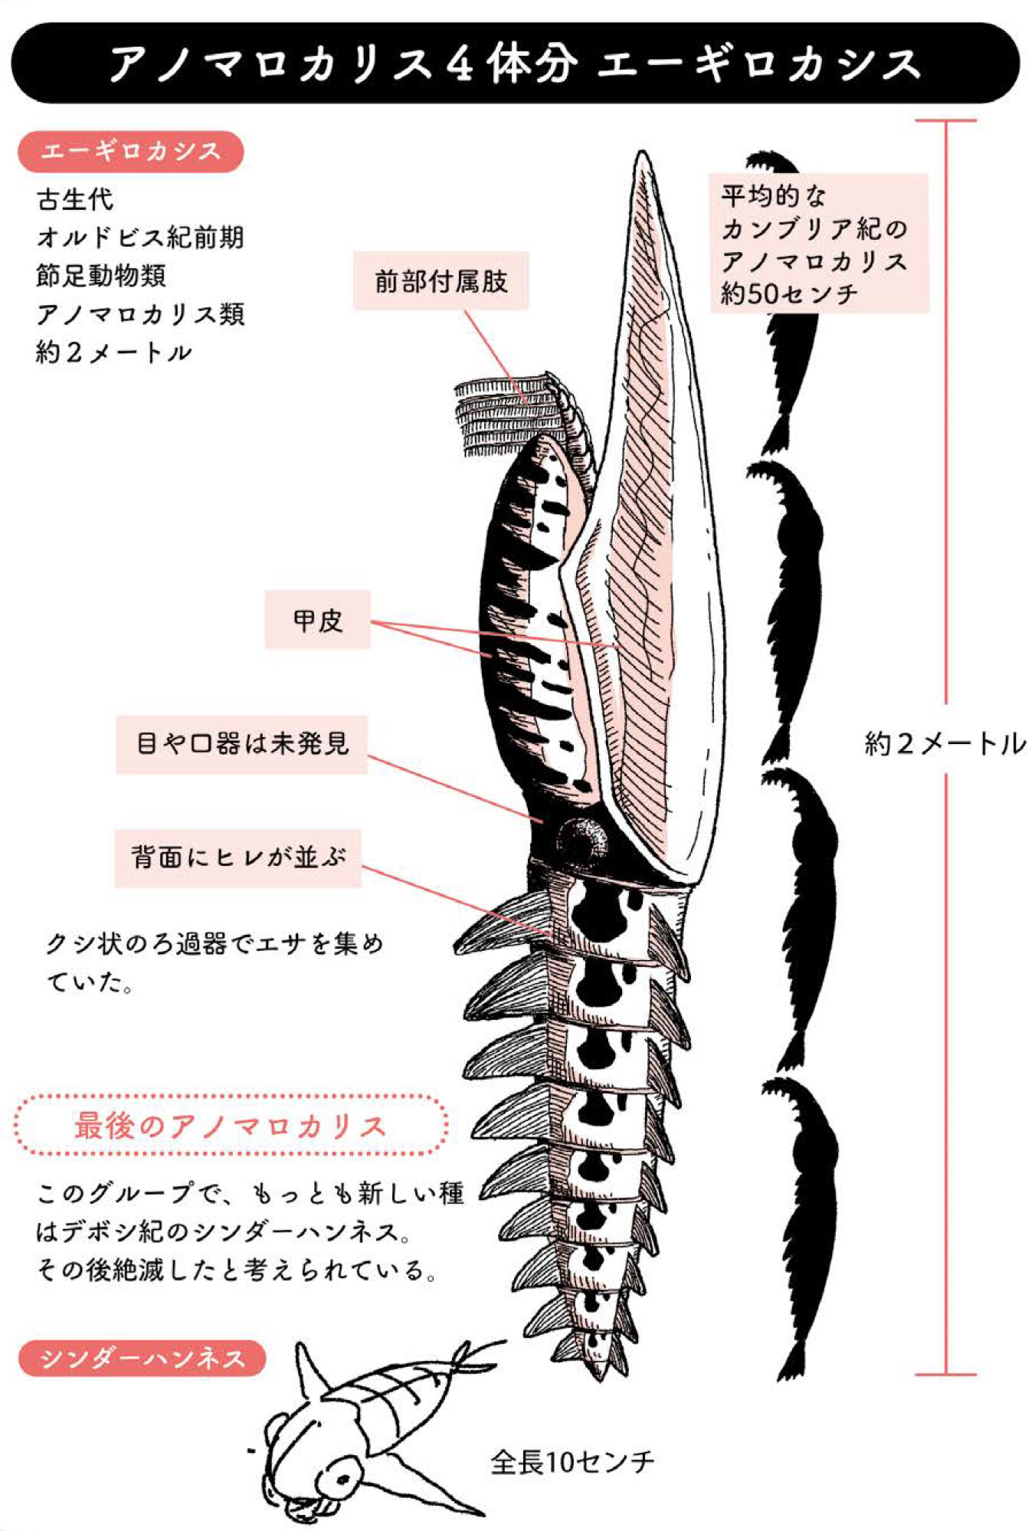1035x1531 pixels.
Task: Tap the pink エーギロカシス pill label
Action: tap(131, 151)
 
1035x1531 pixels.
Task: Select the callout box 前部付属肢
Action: tap(441, 281)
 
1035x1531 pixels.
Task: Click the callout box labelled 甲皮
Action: tap(317, 620)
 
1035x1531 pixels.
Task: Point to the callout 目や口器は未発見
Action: tap(241, 744)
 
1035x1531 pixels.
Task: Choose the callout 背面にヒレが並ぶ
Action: tap(237, 857)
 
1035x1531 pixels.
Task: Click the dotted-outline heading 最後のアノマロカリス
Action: tap(230, 1126)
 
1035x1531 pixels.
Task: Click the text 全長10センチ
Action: tap(572, 1462)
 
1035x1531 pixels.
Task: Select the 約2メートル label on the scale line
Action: tap(945, 743)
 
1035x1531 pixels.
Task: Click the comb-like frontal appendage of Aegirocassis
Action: tap(509, 414)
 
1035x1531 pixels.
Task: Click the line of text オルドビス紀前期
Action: tap(140, 238)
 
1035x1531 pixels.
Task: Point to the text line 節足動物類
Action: tap(101, 276)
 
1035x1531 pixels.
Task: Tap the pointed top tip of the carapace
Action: tap(642, 158)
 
